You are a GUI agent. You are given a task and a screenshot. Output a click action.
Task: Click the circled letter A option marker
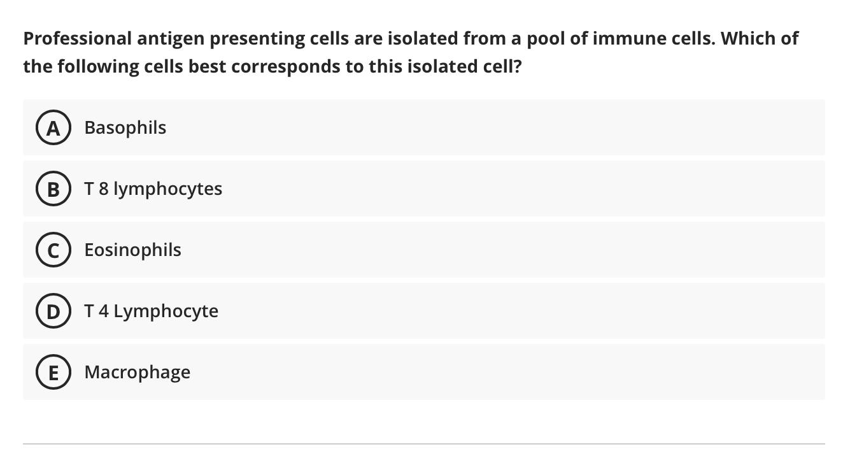[53, 128]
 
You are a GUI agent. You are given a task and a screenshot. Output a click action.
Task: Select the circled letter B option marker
[53, 189]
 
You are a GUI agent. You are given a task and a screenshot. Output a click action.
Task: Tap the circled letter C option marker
[53, 250]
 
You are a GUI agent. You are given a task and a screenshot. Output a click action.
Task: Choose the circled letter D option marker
[53, 311]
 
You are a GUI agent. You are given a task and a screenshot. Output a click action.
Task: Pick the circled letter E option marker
[53, 373]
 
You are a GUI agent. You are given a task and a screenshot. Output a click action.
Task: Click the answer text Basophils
[125, 127]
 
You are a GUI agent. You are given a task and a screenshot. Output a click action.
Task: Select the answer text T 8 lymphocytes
[153, 189]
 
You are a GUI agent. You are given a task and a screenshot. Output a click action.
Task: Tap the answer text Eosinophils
[132, 250]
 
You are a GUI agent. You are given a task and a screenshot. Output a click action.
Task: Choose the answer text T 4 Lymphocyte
[151, 311]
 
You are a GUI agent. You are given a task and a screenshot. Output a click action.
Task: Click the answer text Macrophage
[137, 372]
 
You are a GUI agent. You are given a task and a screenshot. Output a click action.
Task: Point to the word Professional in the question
[77, 38]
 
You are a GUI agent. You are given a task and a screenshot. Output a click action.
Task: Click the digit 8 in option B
[103, 189]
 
